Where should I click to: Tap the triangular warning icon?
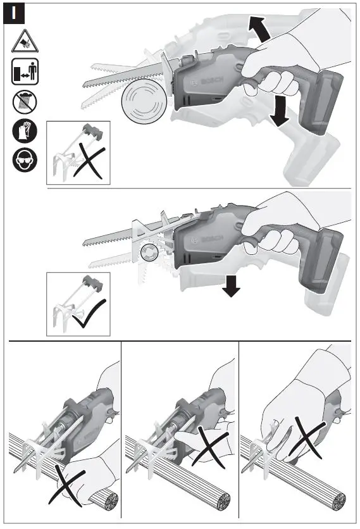tap(24, 42)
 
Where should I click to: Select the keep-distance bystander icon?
tap(24, 72)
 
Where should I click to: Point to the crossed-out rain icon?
tap(24, 101)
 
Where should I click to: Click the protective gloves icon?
tap(24, 131)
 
